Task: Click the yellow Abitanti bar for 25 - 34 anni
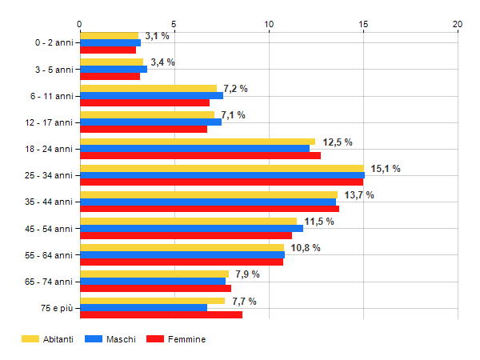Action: tap(222, 168)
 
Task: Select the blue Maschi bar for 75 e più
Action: tap(143, 308)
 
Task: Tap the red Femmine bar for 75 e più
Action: tap(161, 315)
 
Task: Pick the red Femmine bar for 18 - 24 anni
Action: tap(200, 155)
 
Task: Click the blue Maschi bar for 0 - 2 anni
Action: tap(110, 42)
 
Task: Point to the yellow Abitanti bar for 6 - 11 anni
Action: tap(148, 88)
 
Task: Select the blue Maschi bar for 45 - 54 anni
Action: tap(191, 228)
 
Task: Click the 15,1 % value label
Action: tap(386, 168)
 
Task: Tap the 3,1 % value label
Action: tap(158, 36)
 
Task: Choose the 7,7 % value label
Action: tap(244, 302)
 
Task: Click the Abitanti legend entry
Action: tap(47, 339)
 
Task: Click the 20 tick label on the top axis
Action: tap(458, 24)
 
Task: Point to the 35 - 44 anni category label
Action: tap(48, 202)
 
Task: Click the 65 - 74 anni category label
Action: tap(48, 282)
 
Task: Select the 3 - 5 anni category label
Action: tap(52, 69)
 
